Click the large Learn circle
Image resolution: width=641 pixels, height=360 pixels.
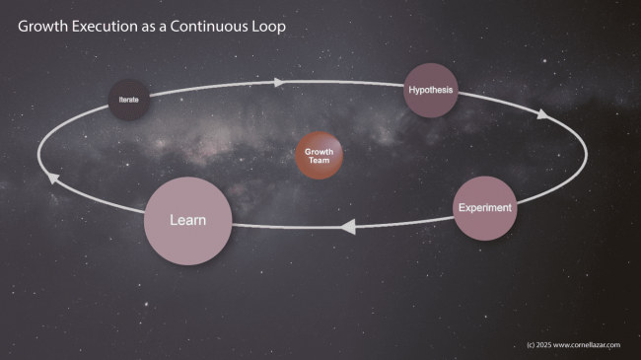click(188, 220)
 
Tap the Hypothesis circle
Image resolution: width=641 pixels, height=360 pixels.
click(431, 91)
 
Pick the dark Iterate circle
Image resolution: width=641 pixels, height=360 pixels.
click(129, 100)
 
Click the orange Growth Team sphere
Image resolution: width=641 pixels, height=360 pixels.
click(320, 157)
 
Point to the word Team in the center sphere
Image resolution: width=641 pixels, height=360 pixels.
click(320, 162)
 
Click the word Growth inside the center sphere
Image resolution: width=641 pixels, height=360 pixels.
click(320, 152)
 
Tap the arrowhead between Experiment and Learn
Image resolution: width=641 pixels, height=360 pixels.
click(347, 227)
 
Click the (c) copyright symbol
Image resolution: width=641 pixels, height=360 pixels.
click(532, 345)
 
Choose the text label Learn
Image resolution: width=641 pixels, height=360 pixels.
click(188, 220)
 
